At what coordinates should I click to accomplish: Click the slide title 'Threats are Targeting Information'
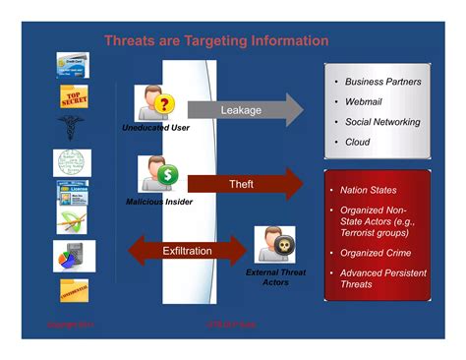[216, 41]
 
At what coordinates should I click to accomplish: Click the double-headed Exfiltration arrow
[187, 251]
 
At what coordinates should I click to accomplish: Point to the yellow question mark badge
[165, 104]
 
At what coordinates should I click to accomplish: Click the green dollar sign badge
[168, 175]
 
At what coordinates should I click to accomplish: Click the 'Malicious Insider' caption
[159, 202]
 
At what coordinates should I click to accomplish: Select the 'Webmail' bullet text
[364, 101]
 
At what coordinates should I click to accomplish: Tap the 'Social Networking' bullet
[381, 122]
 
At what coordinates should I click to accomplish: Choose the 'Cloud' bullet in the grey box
[358, 143]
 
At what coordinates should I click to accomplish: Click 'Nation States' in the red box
[368, 190]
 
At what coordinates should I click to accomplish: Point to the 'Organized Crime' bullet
[377, 252]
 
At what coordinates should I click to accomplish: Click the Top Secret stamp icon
[73, 97]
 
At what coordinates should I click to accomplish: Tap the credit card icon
[73, 64]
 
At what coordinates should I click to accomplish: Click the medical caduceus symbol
[72, 128]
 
